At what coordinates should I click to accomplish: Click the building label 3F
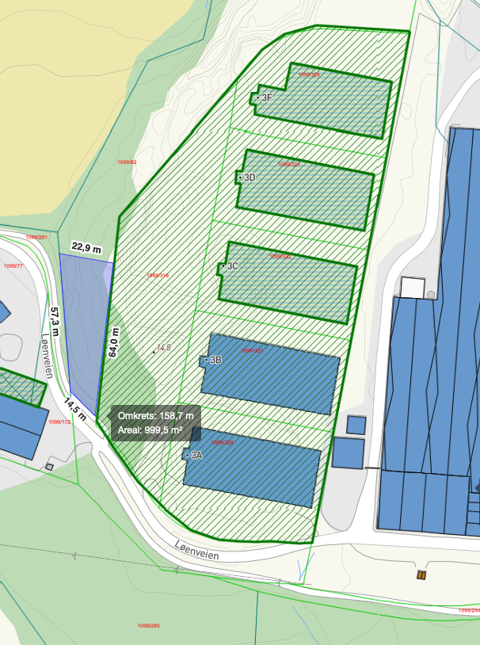[267, 97]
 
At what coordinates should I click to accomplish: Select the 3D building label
[250, 177]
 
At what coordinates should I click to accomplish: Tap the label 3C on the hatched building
[233, 266]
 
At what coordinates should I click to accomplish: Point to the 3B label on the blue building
[215, 361]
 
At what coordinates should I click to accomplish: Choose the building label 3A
[196, 456]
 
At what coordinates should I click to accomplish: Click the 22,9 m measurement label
[86, 248]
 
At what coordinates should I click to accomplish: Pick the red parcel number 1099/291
[36, 237]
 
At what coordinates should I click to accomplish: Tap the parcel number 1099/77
[13, 265]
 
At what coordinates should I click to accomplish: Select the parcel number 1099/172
[59, 422]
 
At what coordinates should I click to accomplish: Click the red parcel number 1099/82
[127, 162]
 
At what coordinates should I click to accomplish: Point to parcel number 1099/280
[148, 626]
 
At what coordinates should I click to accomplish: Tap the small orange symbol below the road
[421, 574]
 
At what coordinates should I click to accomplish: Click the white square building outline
[413, 287]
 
